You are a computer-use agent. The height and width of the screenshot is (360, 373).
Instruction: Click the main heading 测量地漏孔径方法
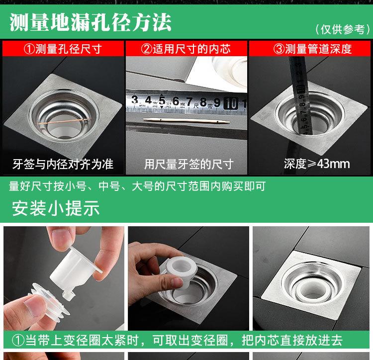[x=91, y=22]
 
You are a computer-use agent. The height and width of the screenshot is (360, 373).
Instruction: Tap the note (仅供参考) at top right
[x=343, y=29]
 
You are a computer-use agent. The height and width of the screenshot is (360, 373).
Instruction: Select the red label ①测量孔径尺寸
[x=63, y=49]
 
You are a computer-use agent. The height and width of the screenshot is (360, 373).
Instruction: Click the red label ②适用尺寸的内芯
[x=186, y=49]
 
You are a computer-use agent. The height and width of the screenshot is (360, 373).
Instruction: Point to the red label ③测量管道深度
[x=312, y=49]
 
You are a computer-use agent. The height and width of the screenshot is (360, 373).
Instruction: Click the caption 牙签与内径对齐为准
[x=63, y=164]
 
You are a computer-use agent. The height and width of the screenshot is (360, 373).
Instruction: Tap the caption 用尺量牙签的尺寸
[x=189, y=164]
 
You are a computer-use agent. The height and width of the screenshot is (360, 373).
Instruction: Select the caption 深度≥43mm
[x=317, y=164]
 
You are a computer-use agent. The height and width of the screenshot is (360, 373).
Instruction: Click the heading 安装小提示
[x=56, y=208]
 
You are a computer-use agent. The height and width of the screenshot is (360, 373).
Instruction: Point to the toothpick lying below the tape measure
[x=186, y=121]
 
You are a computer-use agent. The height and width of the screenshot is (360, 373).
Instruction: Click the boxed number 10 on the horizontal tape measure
[x=230, y=103]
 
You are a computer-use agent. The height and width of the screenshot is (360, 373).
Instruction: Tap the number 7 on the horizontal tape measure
[x=189, y=102]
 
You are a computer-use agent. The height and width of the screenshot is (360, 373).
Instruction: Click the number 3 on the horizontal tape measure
[x=135, y=99]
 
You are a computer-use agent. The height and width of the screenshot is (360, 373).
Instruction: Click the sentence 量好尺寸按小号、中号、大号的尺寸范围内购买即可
[x=137, y=186]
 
